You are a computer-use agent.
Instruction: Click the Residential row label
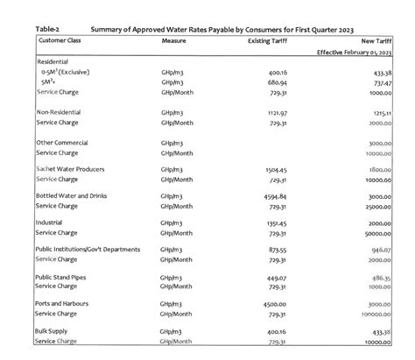[53, 61]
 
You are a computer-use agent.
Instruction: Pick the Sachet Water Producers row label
[72, 169]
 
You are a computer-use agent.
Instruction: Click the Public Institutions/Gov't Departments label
[88, 250]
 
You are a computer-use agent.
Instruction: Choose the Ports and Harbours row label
[67, 303]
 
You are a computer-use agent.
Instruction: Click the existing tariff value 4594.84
[274, 196]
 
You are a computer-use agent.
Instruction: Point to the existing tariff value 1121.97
[275, 114]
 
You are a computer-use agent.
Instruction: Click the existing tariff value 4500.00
[274, 304]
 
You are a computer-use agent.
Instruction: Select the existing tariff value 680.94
[277, 81]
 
